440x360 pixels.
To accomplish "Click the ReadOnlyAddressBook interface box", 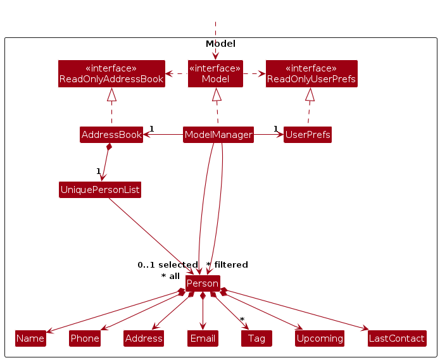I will [111, 73].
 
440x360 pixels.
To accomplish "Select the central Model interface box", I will [215, 73].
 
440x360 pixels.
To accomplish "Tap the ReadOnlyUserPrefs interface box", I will [311, 73].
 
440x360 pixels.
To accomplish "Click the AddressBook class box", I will [111, 135].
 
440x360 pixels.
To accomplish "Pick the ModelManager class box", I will [218, 135].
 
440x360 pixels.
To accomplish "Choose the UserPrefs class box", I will [308, 135].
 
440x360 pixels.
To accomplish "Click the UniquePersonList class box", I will [100, 190].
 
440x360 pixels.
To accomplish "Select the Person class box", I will [203, 283].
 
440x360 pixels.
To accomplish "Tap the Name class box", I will [30, 338].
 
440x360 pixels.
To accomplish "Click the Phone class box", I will [85, 338].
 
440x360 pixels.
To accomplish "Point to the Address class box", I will [144, 338].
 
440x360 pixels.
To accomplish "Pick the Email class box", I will [203, 338].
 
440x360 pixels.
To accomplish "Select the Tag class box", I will [256, 338].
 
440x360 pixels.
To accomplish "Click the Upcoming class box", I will [320, 338].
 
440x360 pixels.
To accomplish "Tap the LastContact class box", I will [396, 338].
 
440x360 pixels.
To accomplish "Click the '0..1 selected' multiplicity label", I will [168, 265].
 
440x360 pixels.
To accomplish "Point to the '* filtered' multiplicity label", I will [227, 265].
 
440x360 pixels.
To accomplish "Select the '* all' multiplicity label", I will [170, 276].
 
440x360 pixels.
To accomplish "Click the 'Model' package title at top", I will [220, 44].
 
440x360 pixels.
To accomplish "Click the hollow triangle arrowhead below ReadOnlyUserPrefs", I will [310, 95].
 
